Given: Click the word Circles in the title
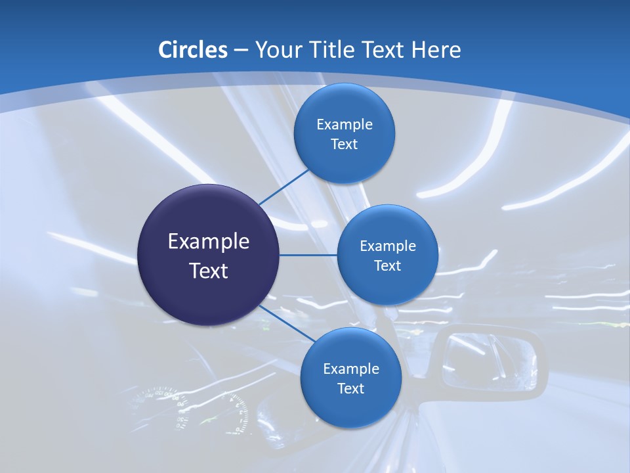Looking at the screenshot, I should click(x=193, y=50).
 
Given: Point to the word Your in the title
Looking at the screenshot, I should click(x=278, y=50).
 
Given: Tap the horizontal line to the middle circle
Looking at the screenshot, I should click(x=308, y=255).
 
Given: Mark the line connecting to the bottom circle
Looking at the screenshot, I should click(x=287, y=323).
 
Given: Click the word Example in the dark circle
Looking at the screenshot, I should click(x=209, y=242).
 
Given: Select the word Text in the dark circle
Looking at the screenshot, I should click(x=209, y=271).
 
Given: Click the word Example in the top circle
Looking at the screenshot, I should click(x=345, y=125).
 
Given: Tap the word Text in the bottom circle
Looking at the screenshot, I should click(x=350, y=388).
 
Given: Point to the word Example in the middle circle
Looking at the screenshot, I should click(x=388, y=246).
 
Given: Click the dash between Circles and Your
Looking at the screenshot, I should click(x=241, y=50).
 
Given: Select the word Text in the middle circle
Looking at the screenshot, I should click(x=387, y=266).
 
